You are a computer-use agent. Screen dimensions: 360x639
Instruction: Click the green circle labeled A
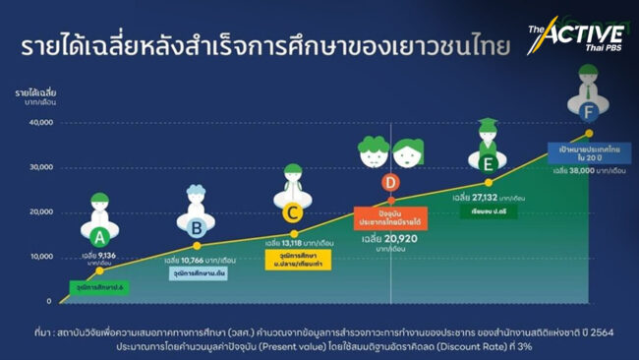(x=98, y=237)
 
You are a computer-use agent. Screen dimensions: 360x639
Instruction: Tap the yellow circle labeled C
(x=291, y=211)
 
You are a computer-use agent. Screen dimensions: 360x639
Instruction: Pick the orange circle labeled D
(x=391, y=182)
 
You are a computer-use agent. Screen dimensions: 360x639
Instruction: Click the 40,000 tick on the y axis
(x=40, y=123)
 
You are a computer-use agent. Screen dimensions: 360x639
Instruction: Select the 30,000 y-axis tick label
(x=40, y=167)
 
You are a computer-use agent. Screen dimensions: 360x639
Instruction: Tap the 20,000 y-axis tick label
(x=40, y=211)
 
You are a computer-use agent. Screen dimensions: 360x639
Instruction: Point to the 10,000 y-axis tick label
(x=40, y=256)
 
